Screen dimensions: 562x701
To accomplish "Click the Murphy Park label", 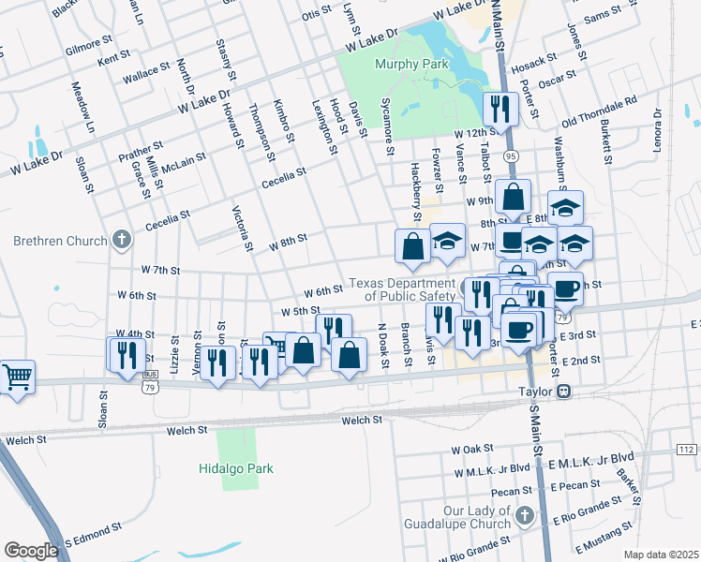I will pos(411,64).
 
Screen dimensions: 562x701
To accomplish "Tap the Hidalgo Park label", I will pos(236,468).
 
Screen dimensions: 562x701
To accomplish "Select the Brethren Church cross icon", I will pos(120,241).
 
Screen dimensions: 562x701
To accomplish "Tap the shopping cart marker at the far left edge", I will pos(17,377).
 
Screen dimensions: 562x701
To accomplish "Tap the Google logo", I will pos(31,550).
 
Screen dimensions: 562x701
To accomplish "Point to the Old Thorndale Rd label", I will pos(599,111).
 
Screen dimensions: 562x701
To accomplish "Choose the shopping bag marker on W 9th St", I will pos(513,198).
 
